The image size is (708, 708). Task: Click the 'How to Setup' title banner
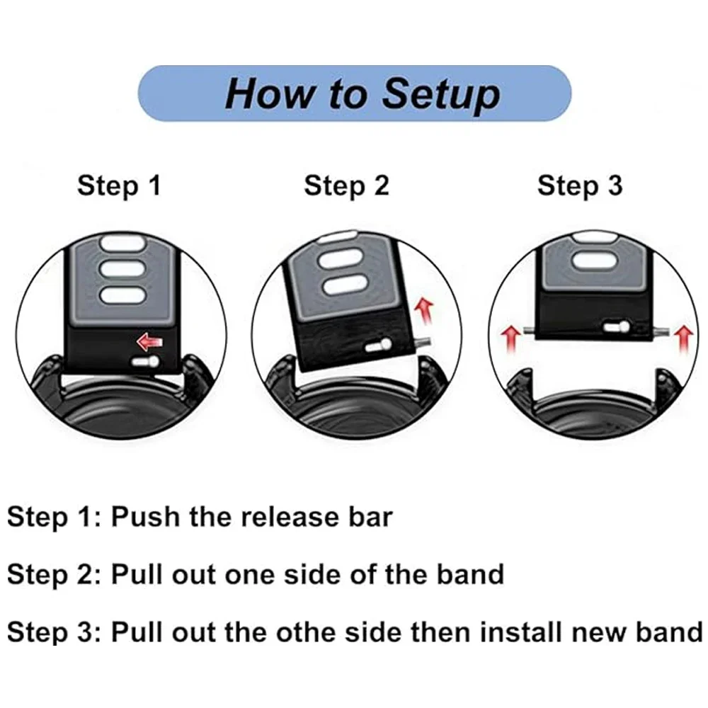pyautogui.click(x=354, y=93)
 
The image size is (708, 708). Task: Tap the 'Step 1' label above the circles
pyautogui.click(x=119, y=185)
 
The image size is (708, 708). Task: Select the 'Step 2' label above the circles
pyautogui.click(x=346, y=185)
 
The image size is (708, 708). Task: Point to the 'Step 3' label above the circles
pyautogui.click(x=580, y=185)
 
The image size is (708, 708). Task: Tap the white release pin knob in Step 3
pyautogui.click(x=616, y=327)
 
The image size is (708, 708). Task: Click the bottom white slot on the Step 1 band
pyautogui.click(x=119, y=295)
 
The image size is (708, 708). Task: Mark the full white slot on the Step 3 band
pyautogui.click(x=597, y=261)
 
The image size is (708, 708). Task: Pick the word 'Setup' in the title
pyautogui.click(x=440, y=93)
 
